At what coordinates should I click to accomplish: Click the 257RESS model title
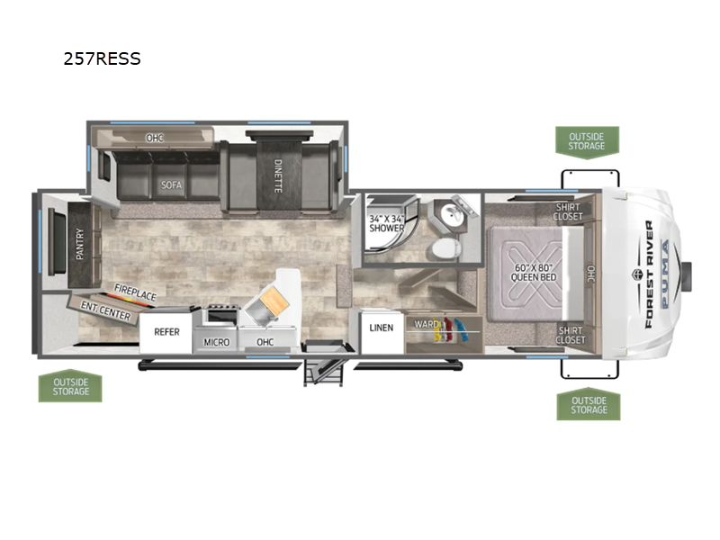(102, 58)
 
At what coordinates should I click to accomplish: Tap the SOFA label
(171, 185)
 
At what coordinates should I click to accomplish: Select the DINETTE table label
(278, 175)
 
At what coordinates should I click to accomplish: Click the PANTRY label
(80, 244)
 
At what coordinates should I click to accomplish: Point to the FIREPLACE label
(136, 292)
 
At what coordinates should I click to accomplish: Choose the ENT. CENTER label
(105, 310)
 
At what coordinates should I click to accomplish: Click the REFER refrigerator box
(166, 332)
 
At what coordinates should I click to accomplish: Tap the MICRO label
(216, 343)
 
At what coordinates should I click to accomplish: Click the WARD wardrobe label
(427, 324)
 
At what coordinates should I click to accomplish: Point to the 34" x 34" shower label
(387, 223)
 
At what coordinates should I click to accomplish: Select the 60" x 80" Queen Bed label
(533, 273)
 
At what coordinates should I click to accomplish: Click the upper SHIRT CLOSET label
(568, 211)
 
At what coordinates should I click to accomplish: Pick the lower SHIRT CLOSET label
(571, 335)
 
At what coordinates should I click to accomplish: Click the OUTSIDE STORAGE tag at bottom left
(70, 386)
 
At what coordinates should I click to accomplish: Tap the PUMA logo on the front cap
(665, 274)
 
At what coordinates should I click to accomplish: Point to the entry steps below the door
(324, 371)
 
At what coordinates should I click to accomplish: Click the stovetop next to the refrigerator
(222, 315)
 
